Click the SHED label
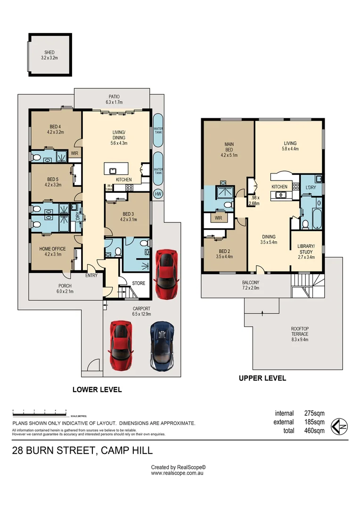pos(50,56)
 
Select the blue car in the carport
pos(162,346)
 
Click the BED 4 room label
pos(55,129)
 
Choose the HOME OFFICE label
pos(52,252)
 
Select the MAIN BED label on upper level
pos(229,148)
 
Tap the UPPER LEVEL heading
pos(262,378)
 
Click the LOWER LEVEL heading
pos(97,390)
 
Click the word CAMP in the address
pos(115,451)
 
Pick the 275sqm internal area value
pos(315,413)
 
